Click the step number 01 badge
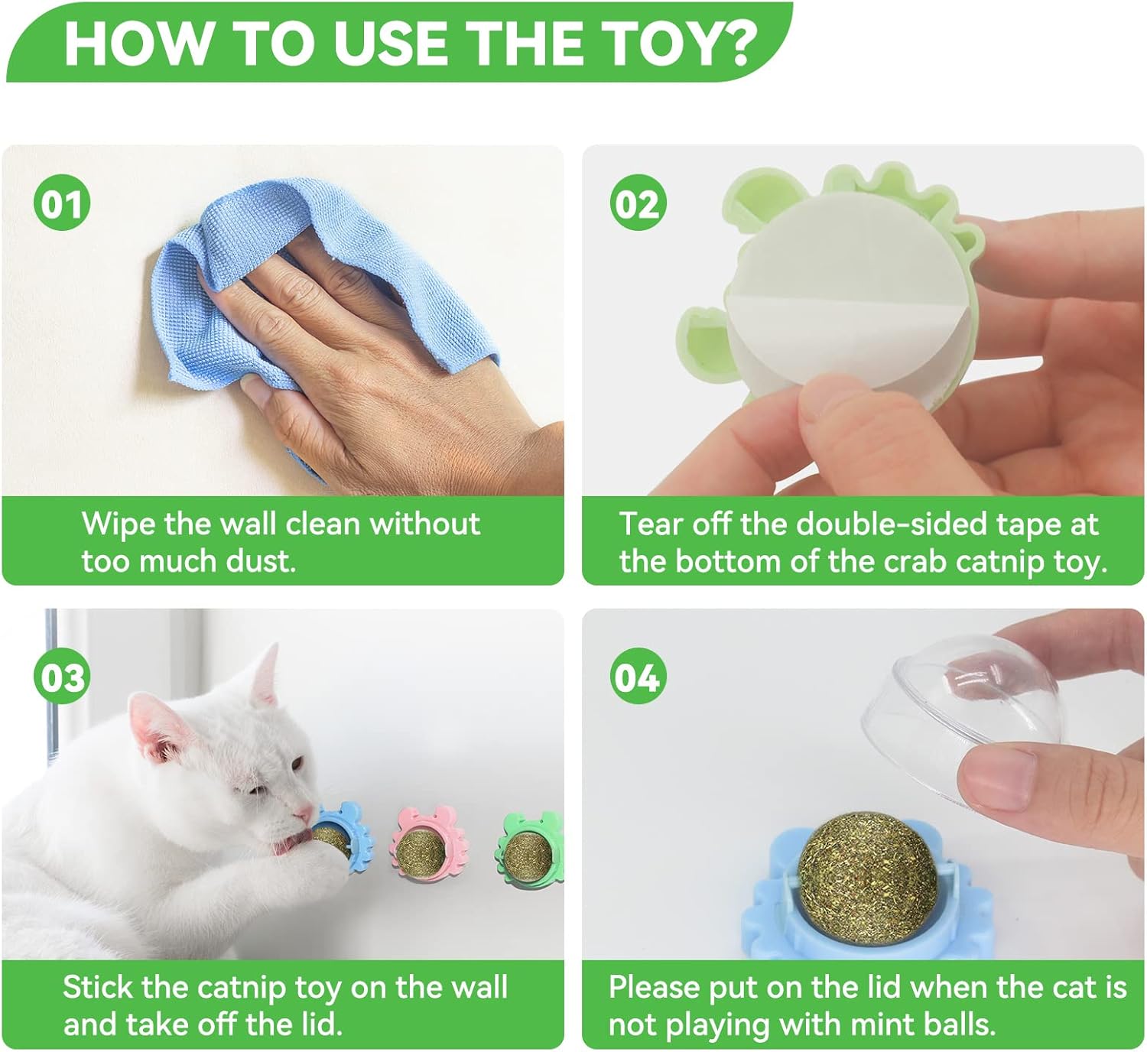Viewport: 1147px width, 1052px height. [62, 203]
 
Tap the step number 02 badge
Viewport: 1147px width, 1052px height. [638, 203]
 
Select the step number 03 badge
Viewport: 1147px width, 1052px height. [62, 677]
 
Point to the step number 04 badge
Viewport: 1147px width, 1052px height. [638, 677]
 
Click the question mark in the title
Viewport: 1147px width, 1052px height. [733, 44]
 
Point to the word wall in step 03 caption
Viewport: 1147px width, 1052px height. [478, 986]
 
